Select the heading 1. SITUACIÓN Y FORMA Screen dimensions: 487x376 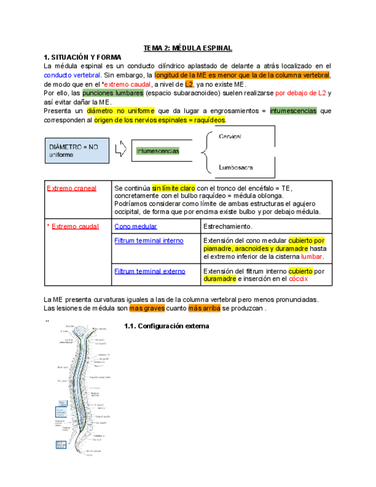click(83, 57)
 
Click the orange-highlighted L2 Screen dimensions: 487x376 click(189, 84)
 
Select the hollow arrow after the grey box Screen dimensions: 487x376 click(120, 150)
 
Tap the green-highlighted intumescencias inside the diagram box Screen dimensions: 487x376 click(157, 151)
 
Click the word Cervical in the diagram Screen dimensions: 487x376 click(230, 137)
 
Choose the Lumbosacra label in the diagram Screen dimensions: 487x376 click(235, 168)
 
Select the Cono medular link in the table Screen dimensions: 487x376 click(135, 226)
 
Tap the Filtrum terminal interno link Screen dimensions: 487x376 click(149, 241)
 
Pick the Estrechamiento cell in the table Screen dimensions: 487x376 click(228, 226)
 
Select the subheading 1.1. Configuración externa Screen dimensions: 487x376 click(166, 326)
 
